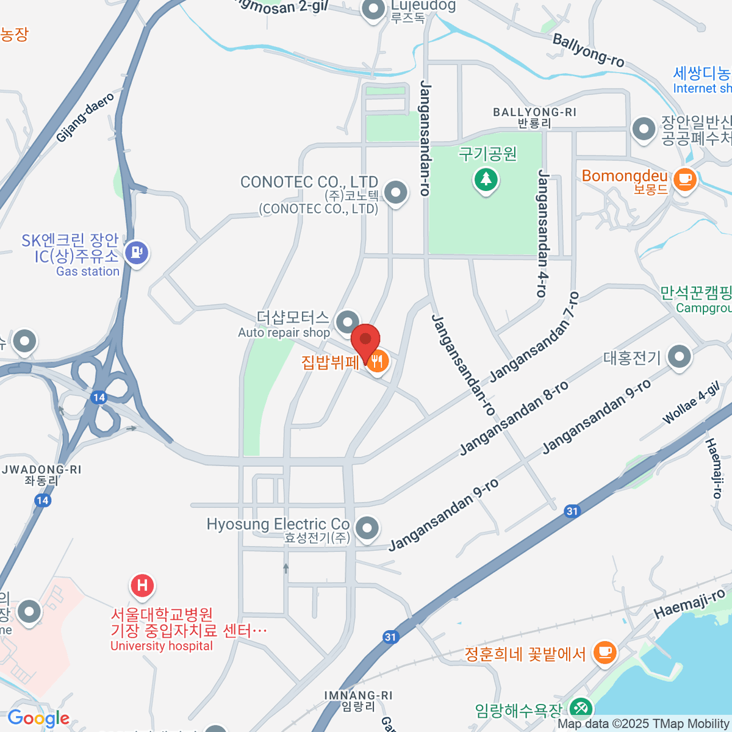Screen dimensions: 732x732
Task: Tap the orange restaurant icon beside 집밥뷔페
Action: pos(378,362)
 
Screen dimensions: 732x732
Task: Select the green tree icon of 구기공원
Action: pos(486,179)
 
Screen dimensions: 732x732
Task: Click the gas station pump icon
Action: pos(136,251)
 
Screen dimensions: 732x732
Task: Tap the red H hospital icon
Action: pos(142,586)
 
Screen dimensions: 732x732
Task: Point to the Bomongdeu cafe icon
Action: pos(684,179)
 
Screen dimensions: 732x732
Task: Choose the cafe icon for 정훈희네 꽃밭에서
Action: pos(604,651)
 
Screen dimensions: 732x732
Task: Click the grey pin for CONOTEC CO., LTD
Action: pos(396,193)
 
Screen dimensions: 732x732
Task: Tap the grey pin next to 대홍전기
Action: pos(679,357)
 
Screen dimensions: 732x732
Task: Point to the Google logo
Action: pos(38,719)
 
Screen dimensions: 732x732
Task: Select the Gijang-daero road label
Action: pos(85,118)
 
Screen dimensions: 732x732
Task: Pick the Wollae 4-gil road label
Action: pos(691,403)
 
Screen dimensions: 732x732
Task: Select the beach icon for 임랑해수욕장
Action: pos(578,708)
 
